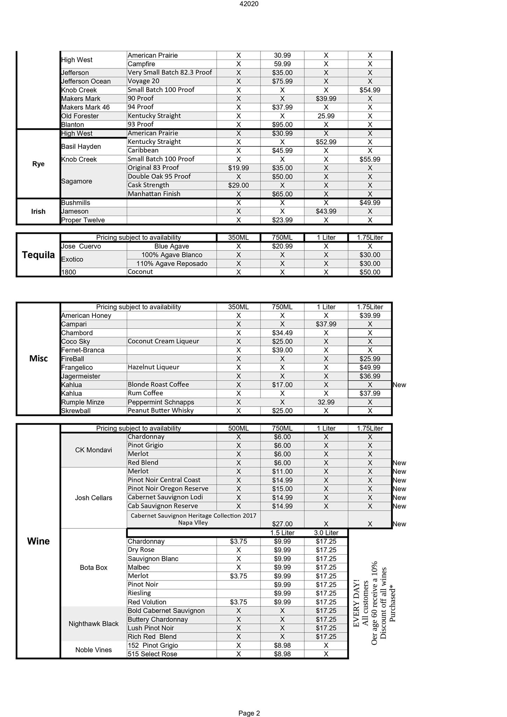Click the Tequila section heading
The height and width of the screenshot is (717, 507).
coord(38,255)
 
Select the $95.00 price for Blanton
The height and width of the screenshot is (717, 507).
coord(282,125)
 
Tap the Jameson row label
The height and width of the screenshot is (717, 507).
coord(75,211)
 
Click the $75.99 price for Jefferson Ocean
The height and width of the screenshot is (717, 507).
coord(282,81)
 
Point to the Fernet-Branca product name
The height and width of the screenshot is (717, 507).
coord(83,350)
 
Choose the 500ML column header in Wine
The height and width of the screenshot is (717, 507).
coord(238,428)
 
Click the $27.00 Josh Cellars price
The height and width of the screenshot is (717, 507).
coord(282,524)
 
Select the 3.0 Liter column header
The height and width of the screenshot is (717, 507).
coord(326,533)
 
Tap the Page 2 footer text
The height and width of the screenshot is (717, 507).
coord(249,703)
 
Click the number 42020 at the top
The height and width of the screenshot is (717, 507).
coord(249,4)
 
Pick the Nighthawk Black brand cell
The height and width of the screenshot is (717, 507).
coord(93,624)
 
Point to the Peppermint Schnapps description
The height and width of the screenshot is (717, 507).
coord(161,402)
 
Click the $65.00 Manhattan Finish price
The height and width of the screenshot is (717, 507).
coord(282,194)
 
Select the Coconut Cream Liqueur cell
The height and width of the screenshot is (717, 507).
coord(163,341)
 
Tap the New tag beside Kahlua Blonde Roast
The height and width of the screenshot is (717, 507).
coord(399,385)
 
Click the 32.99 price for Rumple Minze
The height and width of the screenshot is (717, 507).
coord(326,402)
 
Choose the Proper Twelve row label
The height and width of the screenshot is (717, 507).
coord(83,220)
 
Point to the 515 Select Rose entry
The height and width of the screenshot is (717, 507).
coord(152,654)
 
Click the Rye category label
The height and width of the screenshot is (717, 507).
coord(38,164)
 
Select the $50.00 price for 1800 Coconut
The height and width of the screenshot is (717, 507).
coord(369,272)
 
